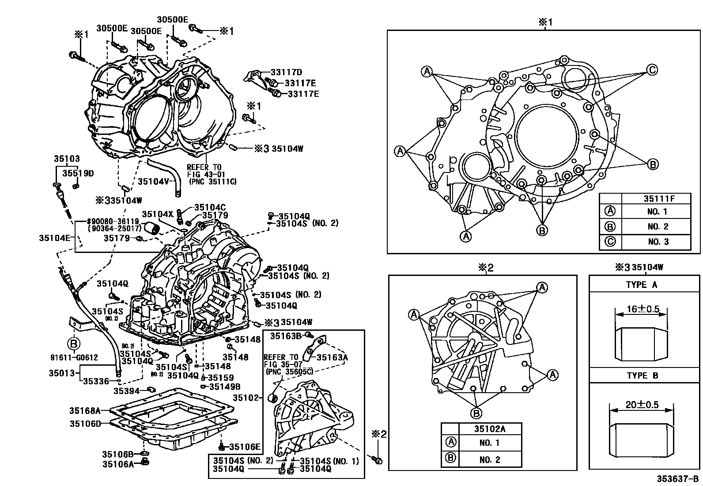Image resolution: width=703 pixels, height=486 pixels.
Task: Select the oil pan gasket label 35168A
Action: (x=85, y=410)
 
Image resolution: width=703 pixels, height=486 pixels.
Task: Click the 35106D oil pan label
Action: (x=85, y=424)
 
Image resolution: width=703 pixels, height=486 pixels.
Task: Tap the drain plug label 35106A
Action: (x=118, y=464)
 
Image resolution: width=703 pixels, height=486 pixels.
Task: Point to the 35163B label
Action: (x=286, y=336)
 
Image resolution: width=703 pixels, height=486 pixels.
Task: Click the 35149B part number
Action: (x=224, y=387)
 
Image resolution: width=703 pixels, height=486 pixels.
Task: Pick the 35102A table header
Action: (x=490, y=429)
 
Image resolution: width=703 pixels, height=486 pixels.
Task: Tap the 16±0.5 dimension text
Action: (x=643, y=309)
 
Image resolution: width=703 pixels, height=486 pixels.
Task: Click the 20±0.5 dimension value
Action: (x=643, y=405)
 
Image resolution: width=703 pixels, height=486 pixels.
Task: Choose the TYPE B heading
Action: (x=643, y=375)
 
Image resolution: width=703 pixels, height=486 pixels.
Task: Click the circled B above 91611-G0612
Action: (x=73, y=343)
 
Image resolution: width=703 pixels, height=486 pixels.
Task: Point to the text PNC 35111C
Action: (x=212, y=181)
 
